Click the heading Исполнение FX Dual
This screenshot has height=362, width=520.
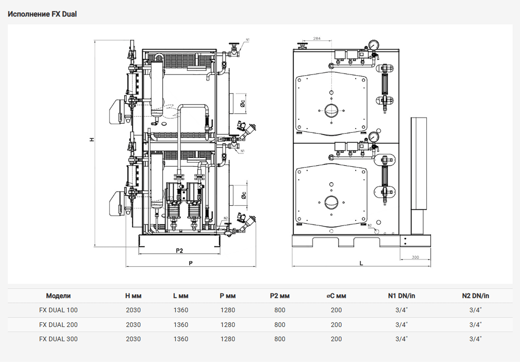(42, 14)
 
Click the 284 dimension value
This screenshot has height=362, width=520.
(317, 38)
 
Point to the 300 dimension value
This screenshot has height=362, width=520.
(415, 257)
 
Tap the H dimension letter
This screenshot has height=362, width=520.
(92, 140)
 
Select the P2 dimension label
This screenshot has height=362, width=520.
(179, 250)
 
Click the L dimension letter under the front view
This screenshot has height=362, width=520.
(361, 263)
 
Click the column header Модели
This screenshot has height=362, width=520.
(58, 296)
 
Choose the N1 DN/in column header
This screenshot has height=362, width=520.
(402, 296)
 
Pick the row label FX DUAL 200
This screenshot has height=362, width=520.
(58, 325)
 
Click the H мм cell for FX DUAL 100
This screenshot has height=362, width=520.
(133, 310)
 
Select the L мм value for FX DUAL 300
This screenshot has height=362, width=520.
(181, 339)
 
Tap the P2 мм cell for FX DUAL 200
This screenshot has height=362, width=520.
(280, 325)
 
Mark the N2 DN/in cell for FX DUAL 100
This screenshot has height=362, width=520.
(476, 310)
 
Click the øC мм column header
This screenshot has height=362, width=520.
(336, 296)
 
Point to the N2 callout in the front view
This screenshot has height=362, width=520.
(369, 225)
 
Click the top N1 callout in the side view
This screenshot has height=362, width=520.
(248, 40)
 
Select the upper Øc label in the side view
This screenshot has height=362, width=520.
(242, 103)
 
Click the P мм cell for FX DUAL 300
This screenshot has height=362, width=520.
(228, 339)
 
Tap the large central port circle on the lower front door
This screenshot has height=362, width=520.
(331, 202)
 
